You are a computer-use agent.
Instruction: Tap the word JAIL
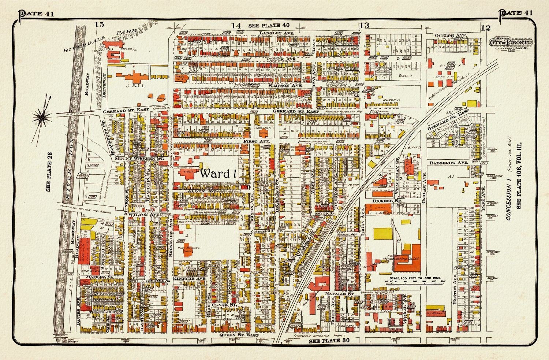[131, 85]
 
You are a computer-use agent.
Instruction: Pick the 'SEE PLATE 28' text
[50, 168]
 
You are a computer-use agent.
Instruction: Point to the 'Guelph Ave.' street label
[451, 35]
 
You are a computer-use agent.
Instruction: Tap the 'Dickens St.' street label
[383, 201]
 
